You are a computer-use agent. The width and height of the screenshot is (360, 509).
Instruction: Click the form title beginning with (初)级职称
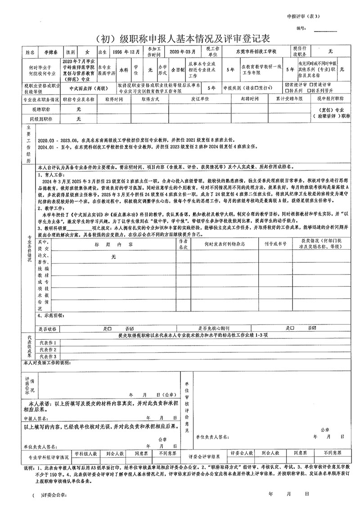(x=180, y=37)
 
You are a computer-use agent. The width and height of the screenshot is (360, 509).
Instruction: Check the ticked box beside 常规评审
(x=288, y=85)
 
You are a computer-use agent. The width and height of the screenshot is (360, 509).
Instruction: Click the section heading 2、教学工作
(x=52, y=209)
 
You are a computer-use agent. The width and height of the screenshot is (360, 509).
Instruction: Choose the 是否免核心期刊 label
(x=214, y=329)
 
